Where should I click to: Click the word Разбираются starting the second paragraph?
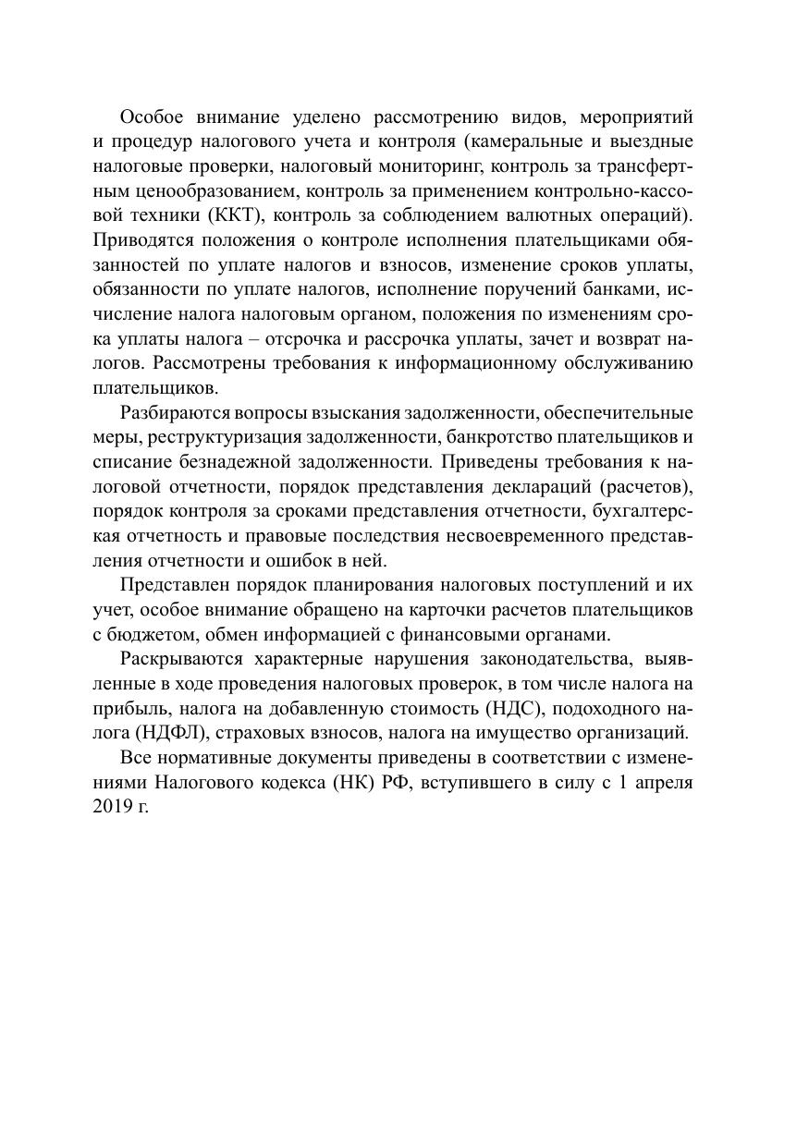[x=174, y=411]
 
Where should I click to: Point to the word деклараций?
[x=539, y=484]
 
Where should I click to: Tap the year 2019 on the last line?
[x=112, y=806]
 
